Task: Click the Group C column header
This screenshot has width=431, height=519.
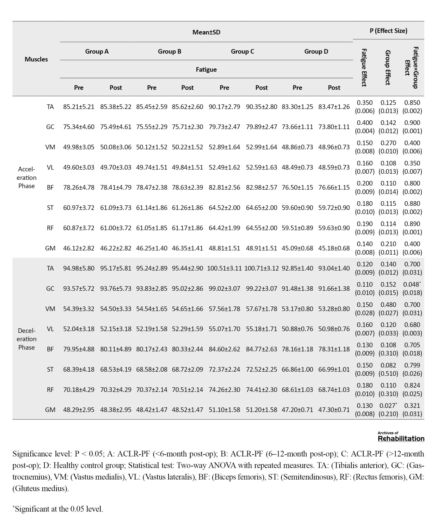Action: point(242,51)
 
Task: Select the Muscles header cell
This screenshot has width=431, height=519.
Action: point(36,59)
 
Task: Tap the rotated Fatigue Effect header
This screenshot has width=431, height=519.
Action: point(364,67)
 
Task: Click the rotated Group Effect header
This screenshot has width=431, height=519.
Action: point(388,67)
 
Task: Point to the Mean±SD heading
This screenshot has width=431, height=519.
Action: point(206,32)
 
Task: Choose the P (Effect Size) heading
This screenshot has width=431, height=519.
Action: point(388,31)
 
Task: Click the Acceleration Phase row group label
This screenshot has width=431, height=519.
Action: point(26,177)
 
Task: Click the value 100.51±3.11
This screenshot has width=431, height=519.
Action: point(224,268)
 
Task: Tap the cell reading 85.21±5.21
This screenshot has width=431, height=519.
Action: point(79,107)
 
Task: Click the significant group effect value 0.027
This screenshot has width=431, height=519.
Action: point(388,406)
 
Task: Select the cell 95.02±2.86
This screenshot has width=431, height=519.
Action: point(187,289)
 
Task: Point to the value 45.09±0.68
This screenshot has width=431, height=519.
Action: point(297,248)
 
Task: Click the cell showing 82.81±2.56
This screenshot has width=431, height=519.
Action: point(224,187)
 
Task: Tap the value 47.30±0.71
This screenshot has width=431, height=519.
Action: point(334,410)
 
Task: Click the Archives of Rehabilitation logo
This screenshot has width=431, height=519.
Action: point(401,437)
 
